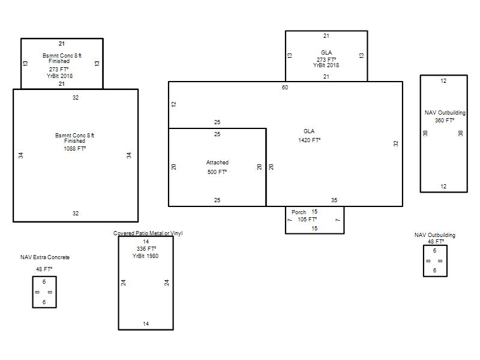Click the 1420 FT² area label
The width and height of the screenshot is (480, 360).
pyautogui.click(x=309, y=140)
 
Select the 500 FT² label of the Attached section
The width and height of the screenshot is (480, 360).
pyautogui.click(x=217, y=172)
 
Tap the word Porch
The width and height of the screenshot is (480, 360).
pyautogui.click(x=298, y=212)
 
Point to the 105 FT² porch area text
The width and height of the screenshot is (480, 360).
pyautogui.click(x=307, y=220)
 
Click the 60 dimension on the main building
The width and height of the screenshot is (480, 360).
pyautogui.click(x=285, y=88)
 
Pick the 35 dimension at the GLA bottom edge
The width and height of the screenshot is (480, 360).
pyautogui.click(x=334, y=200)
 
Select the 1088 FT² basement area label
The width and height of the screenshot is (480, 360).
pyautogui.click(x=74, y=149)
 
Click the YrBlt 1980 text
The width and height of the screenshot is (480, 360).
pyautogui.click(x=145, y=256)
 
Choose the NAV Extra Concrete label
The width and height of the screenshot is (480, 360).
pyautogui.click(x=45, y=257)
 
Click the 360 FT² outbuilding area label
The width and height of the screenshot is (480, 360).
pyautogui.click(x=445, y=121)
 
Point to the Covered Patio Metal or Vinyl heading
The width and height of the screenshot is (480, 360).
pyautogui.click(x=148, y=233)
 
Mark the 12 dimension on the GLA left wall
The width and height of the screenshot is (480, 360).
pyautogui.click(x=174, y=104)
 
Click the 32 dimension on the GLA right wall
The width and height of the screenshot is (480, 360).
pyautogui.click(x=396, y=143)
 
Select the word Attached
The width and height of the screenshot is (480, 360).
pyautogui.click(x=217, y=163)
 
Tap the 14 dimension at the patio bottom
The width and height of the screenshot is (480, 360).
pyautogui.click(x=146, y=324)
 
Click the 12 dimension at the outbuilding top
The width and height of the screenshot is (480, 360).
pyautogui.click(x=443, y=81)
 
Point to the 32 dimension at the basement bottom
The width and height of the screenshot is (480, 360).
pyautogui.click(x=76, y=214)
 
